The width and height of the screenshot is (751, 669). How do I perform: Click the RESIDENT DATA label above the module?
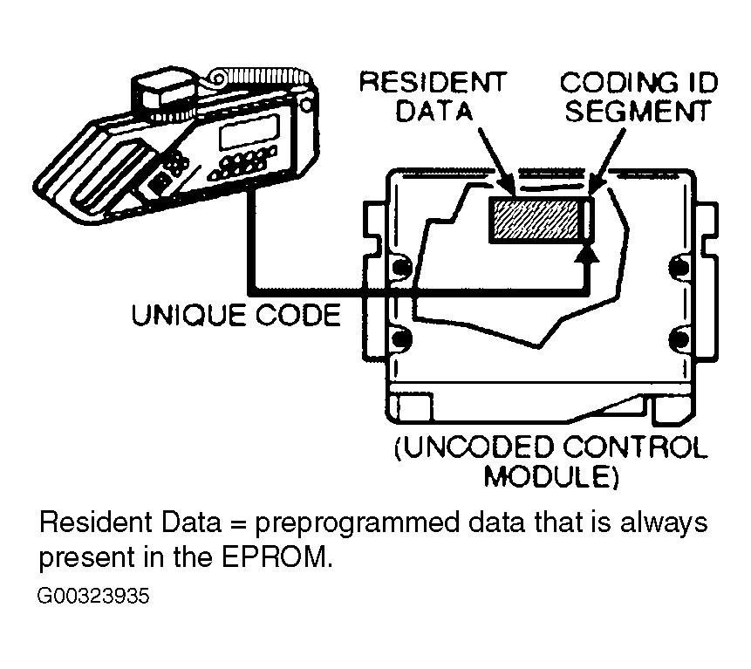coord(433,97)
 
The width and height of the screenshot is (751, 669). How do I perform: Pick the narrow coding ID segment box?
coord(589,218)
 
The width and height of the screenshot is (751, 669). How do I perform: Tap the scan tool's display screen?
coord(242,133)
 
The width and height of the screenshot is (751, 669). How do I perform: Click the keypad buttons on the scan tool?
coord(244,162)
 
